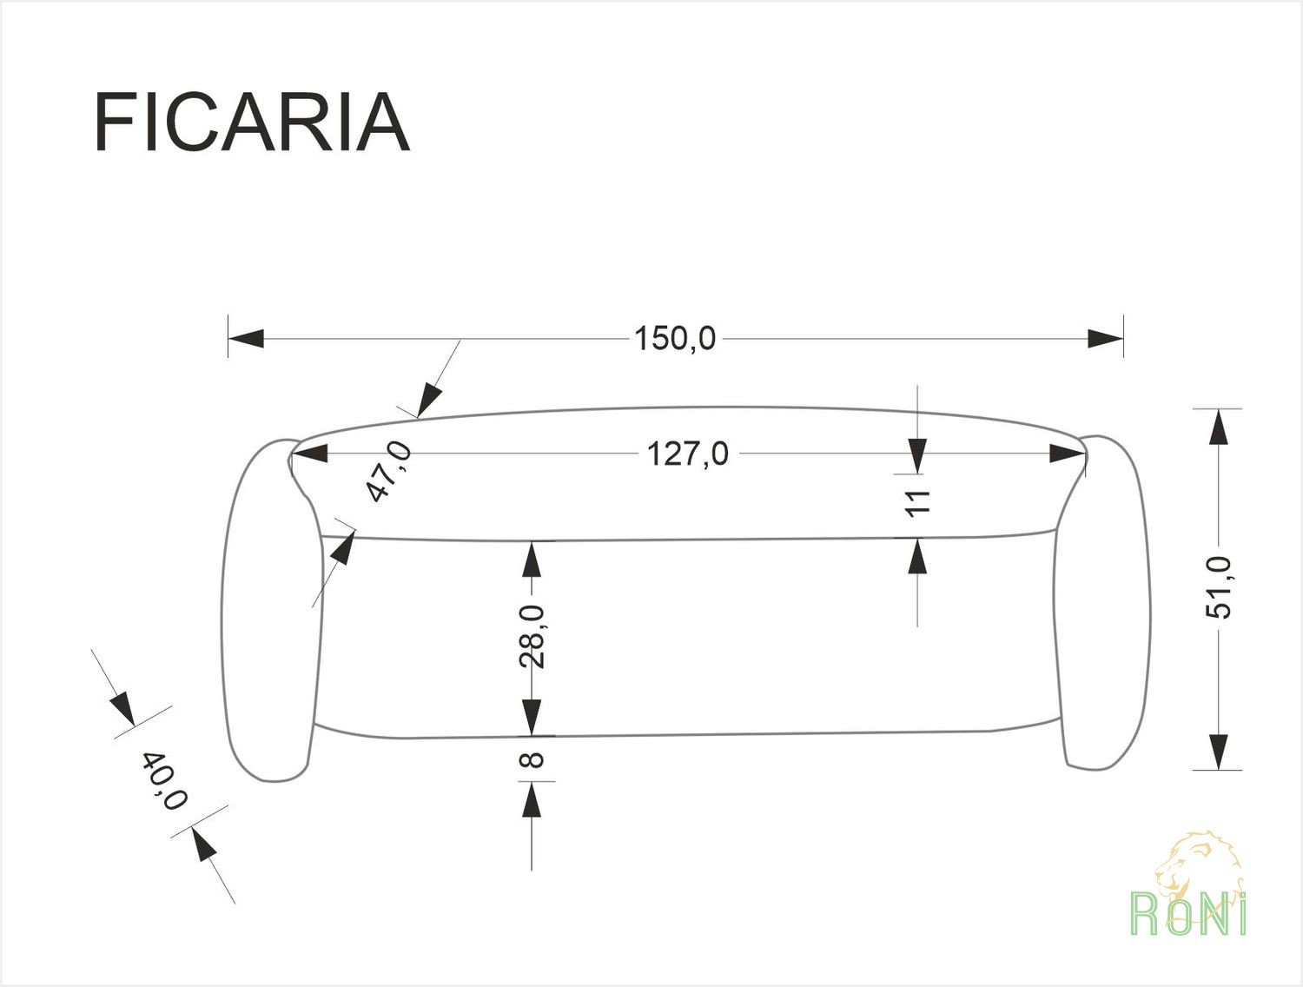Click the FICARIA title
[252, 123]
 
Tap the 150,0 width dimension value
[675, 339]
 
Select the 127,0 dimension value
[687, 454]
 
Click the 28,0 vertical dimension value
[532, 636]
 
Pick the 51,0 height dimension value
[1219, 588]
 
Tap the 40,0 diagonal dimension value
[164, 780]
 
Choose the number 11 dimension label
[918, 503]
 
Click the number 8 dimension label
[532, 759]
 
